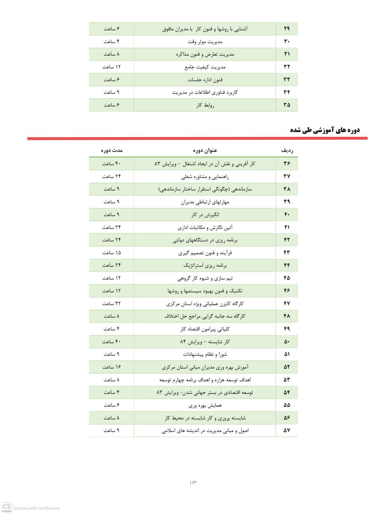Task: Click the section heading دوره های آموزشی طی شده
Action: point(325,130)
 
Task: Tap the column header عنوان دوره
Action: point(205,150)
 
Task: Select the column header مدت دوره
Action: point(112,150)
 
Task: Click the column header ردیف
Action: point(287,150)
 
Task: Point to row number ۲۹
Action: point(287,29)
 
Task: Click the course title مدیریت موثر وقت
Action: point(205,42)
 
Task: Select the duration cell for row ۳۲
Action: point(112,67)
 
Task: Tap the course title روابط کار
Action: point(205,105)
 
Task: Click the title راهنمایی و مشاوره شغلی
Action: point(205,177)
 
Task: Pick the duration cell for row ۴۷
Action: point(112,303)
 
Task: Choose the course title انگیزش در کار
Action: point(205,215)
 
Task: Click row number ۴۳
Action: point(287,253)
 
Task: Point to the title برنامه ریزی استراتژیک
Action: point(205,265)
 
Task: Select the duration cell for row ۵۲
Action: point(112,367)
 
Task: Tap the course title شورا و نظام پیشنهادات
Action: point(205,354)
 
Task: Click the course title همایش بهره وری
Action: point(205,405)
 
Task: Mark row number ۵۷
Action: point(287,431)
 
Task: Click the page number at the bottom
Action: point(193,482)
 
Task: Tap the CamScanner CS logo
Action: point(7,507)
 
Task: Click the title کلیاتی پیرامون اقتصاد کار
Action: point(205,329)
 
